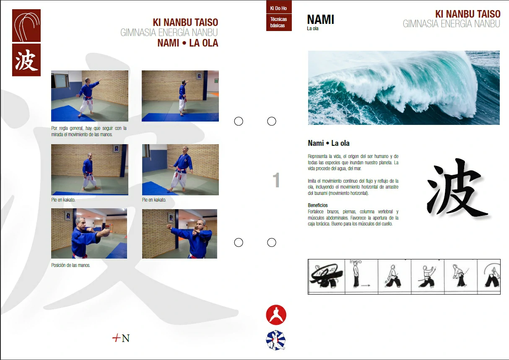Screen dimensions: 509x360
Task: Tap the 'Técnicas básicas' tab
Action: (279, 22)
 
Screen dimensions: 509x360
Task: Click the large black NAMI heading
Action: (321, 19)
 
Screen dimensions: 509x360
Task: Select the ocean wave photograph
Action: (404, 88)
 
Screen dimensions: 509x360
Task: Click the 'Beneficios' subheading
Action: (318, 205)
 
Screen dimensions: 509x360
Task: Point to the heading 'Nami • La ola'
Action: (329, 143)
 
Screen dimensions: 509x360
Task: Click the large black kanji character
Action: (457, 187)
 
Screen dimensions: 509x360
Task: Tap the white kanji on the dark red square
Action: (26, 60)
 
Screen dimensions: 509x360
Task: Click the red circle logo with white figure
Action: (276, 315)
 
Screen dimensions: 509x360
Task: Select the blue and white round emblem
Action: (276, 340)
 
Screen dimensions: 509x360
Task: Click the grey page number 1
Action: (276, 180)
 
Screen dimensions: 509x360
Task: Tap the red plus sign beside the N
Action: (116, 338)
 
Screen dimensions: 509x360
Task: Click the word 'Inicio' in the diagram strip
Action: (356, 262)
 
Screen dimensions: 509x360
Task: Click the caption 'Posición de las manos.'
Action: (71, 265)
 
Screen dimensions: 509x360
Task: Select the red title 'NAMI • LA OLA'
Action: (188, 43)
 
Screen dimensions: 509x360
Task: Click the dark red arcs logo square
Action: (26, 26)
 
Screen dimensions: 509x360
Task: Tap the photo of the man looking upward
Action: (180, 170)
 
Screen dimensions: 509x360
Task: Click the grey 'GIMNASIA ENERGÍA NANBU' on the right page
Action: (451, 23)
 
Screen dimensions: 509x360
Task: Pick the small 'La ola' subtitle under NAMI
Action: (313, 28)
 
